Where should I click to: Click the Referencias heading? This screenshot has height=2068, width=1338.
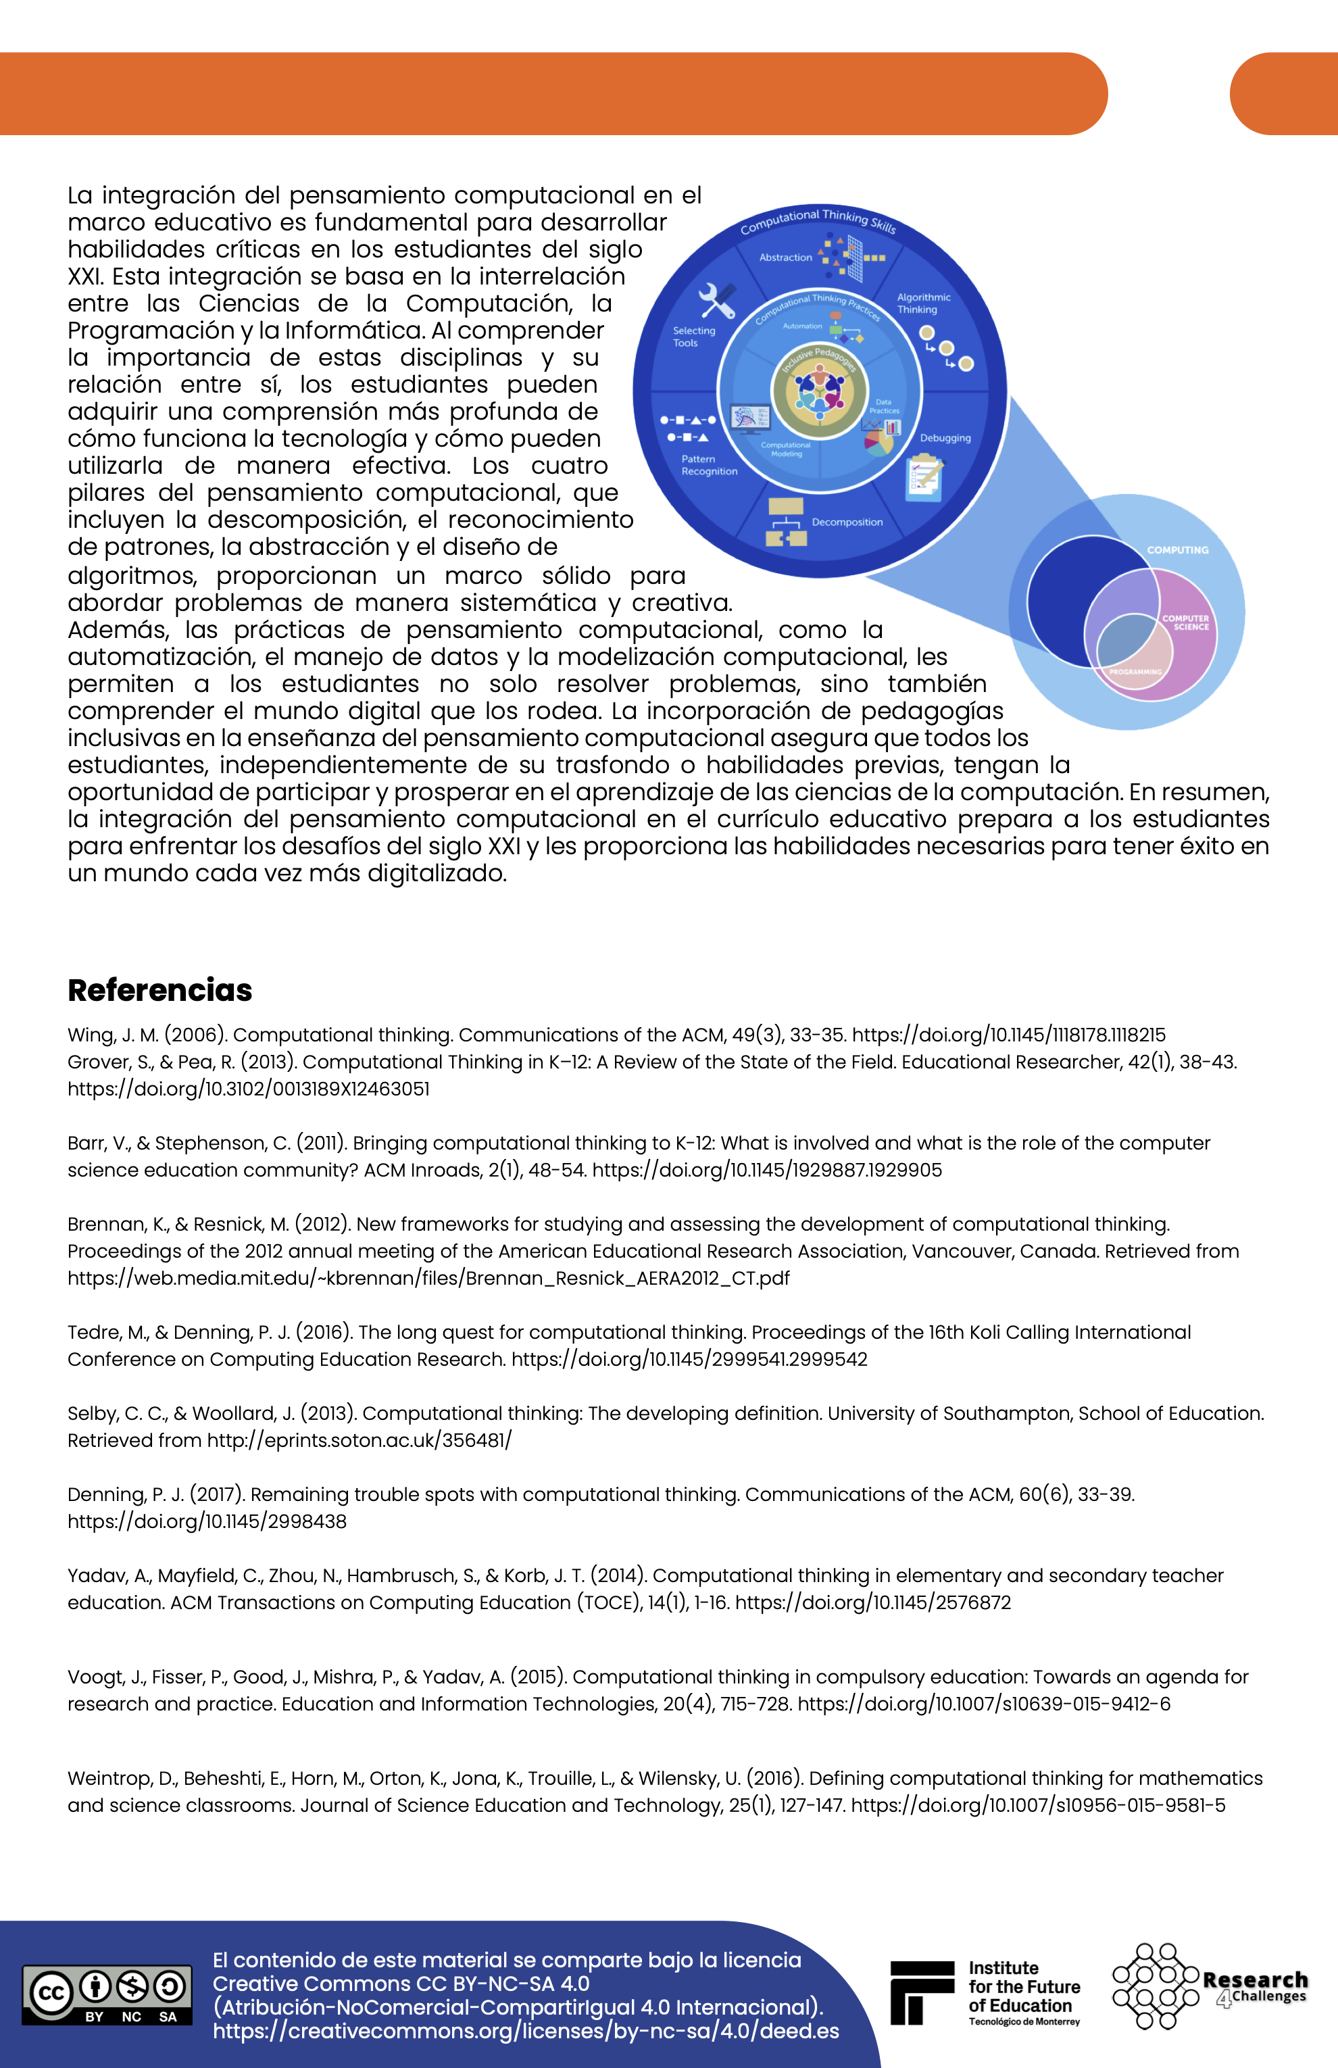160,989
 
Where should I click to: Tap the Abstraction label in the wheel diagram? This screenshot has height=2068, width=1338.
785,257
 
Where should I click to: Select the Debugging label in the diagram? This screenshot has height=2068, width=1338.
945,438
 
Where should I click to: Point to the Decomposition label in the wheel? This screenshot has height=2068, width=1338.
847,522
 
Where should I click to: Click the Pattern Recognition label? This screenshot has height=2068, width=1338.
709,465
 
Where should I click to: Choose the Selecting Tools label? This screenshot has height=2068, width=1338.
693,337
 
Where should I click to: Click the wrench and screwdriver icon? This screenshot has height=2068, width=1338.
717,301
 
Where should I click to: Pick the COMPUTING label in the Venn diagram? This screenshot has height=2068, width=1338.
1177,550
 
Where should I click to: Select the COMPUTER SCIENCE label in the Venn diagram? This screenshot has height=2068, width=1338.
1185,622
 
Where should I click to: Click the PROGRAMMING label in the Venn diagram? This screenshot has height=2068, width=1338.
1135,672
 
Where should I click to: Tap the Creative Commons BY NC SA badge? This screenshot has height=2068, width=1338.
107,1994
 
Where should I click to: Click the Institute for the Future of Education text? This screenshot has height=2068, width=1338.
1024,1987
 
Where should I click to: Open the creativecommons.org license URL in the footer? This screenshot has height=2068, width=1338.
526,2032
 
